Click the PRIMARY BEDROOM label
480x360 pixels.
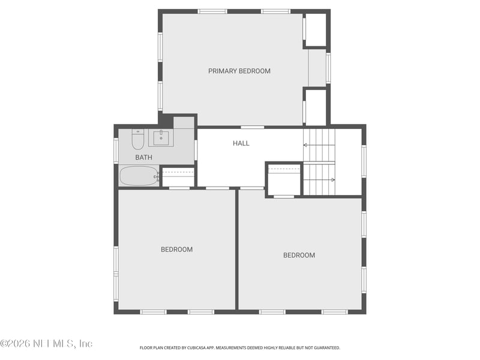click(x=239, y=71)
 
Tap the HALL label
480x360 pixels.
click(x=241, y=143)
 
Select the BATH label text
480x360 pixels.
click(x=143, y=157)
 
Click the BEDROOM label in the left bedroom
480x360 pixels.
click(x=176, y=250)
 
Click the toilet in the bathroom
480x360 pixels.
click(x=138, y=140)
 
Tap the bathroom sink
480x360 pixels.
click(x=161, y=138)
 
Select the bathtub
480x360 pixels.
click(x=139, y=176)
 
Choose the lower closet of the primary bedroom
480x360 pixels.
click(x=316, y=107)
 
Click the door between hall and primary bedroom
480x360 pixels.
click(x=253, y=127)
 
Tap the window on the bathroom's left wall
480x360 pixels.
click(x=116, y=151)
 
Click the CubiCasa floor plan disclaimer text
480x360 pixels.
click(x=240, y=347)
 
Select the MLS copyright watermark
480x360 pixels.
click(x=46, y=344)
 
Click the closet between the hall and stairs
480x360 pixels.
click(x=284, y=179)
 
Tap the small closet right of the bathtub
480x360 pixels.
click(x=178, y=177)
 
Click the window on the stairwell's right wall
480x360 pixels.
click(x=364, y=161)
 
